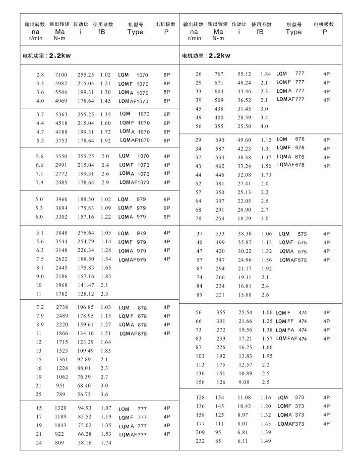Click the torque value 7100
61,75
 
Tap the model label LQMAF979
133,259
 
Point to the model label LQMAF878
133,333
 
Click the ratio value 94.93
85,408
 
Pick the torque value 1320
61,408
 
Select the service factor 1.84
266,74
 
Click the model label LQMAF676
291,165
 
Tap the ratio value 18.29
245,218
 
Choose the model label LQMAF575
293,260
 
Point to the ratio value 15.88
245,295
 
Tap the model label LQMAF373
291,424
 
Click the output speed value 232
199,441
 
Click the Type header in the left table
135,32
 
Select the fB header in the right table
260,32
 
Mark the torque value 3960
61,200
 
